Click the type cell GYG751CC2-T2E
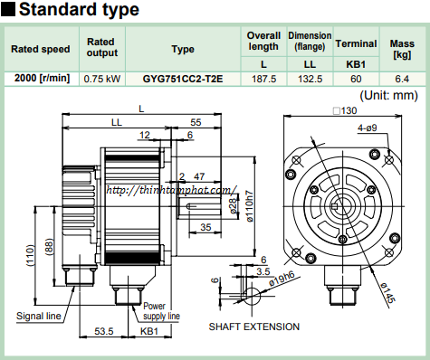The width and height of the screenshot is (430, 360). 183,79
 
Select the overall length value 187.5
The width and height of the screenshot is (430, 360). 263,79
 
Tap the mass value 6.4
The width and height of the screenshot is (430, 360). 402,79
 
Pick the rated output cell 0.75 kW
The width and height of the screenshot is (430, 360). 102,79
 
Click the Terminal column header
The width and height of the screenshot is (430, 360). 356,43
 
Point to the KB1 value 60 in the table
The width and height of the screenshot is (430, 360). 356,79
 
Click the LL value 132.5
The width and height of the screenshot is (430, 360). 310,79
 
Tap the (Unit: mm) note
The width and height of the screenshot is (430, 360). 388,96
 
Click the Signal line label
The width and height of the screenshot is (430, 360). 39,316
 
